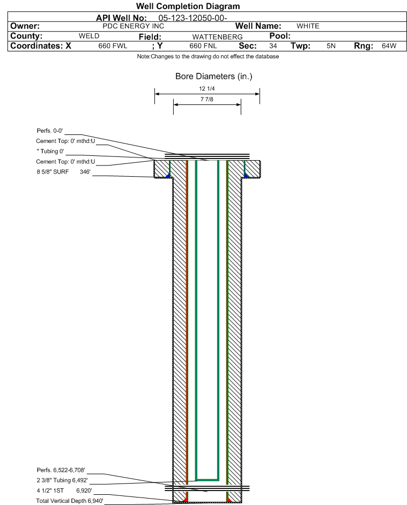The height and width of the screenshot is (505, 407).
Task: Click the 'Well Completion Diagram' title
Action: [x=188, y=6]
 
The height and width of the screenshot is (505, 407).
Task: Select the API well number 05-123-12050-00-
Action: [x=193, y=18]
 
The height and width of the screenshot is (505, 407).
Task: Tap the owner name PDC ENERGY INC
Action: [x=133, y=26]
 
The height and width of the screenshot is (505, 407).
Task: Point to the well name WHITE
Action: [x=308, y=26]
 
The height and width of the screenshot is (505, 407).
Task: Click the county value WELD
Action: [x=89, y=36]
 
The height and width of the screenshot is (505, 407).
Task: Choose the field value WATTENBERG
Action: [x=217, y=37]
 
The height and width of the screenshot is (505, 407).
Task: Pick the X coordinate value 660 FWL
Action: [x=113, y=46]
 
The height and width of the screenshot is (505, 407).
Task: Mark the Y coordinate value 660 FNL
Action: [x=203, y=46]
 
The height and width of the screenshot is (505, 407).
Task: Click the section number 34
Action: [x=273, y=46]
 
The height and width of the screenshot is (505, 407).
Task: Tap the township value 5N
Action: [x=331, y=46]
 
